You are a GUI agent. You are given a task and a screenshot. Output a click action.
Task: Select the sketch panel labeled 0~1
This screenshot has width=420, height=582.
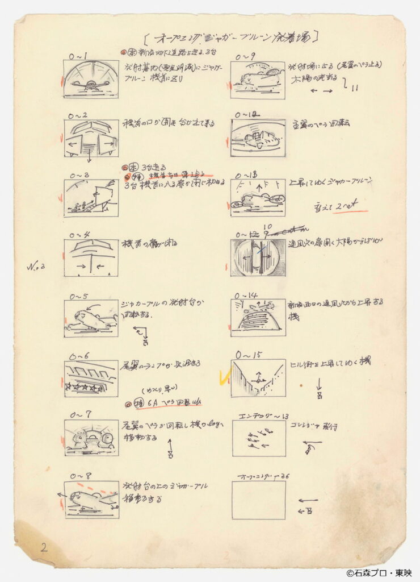91,80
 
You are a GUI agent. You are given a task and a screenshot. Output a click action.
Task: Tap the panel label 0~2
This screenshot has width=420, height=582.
78,115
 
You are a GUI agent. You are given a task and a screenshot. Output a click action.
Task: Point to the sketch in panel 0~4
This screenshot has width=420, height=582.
91,257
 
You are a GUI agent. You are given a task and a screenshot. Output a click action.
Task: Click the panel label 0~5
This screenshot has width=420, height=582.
79,296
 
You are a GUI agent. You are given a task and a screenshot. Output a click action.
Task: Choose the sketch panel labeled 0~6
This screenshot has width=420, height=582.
91,378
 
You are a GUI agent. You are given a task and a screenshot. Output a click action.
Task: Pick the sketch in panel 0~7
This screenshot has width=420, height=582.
91,438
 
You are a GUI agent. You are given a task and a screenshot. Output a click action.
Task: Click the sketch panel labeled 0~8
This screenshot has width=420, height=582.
91,499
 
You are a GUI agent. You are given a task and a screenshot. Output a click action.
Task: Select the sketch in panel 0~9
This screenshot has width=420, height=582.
257,80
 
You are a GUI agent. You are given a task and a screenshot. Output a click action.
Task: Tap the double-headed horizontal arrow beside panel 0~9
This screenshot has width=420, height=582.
321,90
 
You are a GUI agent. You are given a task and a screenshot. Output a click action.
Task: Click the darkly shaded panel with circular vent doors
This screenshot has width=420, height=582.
257,257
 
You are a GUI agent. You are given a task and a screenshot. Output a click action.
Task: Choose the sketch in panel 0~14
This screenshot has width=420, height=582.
257,318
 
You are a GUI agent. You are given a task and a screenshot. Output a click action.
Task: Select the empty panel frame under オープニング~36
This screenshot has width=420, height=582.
258,500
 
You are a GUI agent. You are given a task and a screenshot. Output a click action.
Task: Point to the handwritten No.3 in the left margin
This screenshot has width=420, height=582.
35,265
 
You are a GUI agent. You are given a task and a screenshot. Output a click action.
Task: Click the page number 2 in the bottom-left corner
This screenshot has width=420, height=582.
44,548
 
